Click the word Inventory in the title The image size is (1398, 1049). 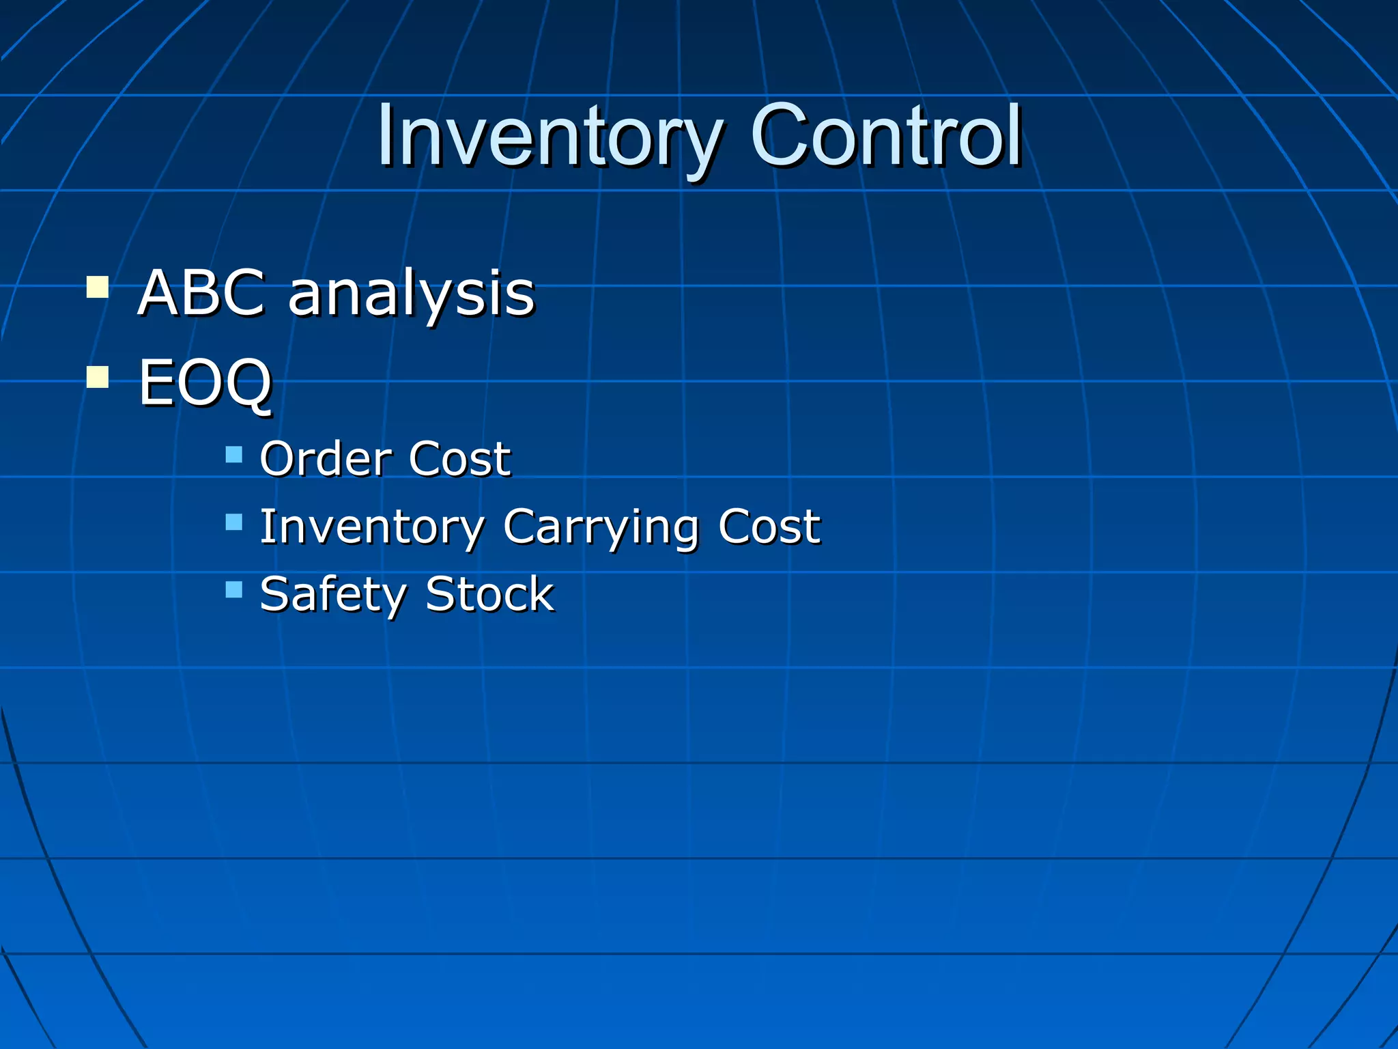(x=550, y=137)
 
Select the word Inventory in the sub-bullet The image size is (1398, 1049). (x=372, y=527)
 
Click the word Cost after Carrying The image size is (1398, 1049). (x=769, y=527)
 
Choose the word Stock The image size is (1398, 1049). (x=489, y=594)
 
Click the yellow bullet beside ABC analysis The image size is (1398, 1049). (x=98, y=287)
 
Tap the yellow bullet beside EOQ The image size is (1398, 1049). (x=98, y=377)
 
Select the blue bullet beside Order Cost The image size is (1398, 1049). (x=234, y=454)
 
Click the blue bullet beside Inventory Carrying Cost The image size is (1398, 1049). (x=234, y=522)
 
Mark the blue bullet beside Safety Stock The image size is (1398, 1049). (x=234, y=589)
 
